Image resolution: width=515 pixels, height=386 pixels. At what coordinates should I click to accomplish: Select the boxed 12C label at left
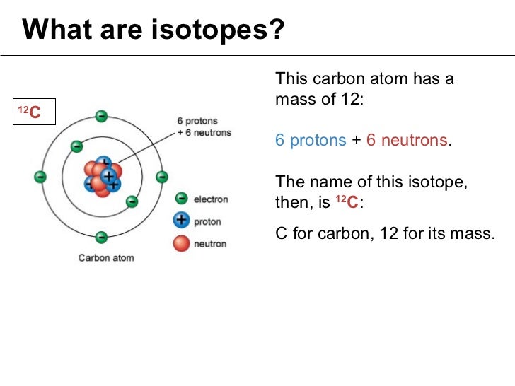(x=30, y=112)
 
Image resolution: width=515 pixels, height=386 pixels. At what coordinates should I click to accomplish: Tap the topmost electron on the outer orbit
(x=102, y=115)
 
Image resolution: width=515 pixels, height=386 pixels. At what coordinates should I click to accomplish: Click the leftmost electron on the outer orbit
(x=41, y=177)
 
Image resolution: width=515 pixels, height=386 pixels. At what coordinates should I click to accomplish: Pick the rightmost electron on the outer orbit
(x=162, y=177)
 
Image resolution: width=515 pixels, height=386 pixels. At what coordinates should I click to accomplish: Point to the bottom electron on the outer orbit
(x=102, y=237)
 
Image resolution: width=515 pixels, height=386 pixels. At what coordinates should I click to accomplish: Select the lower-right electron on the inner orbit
(x=132, y=202)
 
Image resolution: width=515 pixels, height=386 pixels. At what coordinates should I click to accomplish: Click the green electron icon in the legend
(x=182, y=199)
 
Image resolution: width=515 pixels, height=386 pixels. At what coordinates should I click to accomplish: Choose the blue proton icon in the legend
(x=182, y=221)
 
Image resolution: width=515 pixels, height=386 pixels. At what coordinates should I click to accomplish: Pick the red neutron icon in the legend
(x=182, y=244)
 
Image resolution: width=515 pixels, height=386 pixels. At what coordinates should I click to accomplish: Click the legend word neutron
(x=210, y=244)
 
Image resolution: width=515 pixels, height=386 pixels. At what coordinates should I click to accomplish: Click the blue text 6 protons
(x=311, y=140)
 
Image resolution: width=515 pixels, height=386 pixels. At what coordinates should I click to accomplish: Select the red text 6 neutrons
(x=406, y=140)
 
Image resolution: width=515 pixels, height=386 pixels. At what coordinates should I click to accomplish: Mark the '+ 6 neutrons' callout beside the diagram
(x=204, y=132)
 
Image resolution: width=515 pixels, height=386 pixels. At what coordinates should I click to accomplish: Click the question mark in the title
(x=277, y=30)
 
